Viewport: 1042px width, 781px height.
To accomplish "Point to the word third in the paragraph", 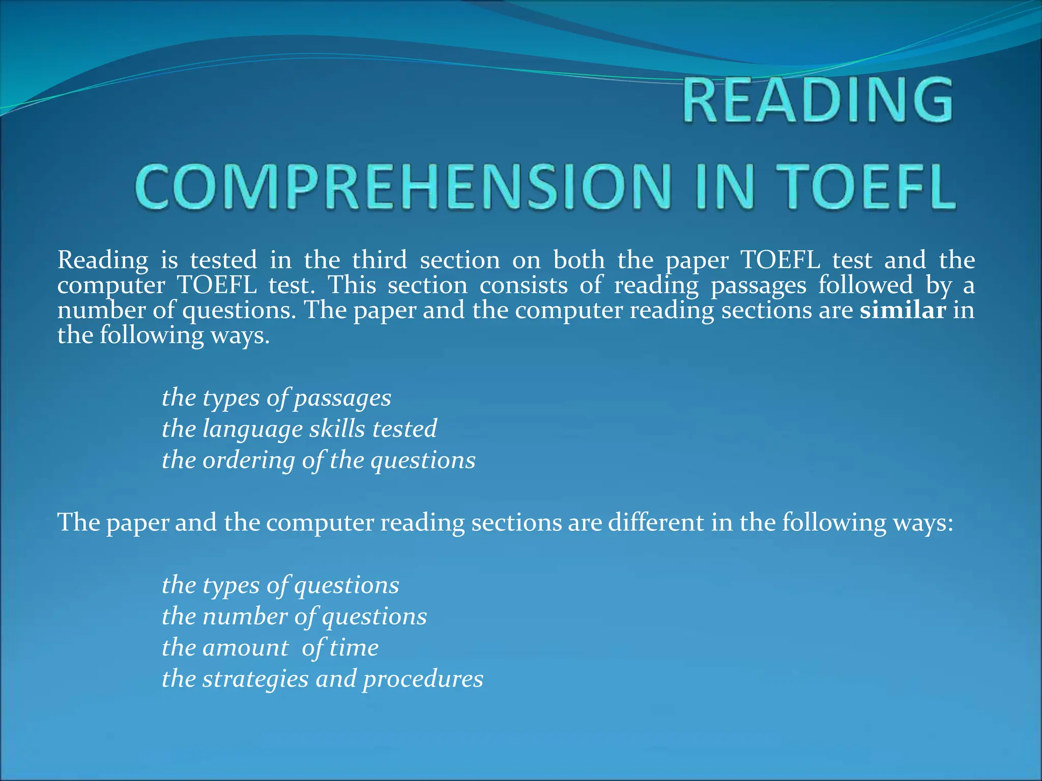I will pyautogui.click(x=380, y=260).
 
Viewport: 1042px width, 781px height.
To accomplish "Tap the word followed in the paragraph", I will pyautogui.click(x=865, y=285).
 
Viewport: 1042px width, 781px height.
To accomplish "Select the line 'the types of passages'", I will pyautogui.click(x=276, y=398).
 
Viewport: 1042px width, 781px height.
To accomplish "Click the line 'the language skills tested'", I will pyautogui.click(x=299, y=429).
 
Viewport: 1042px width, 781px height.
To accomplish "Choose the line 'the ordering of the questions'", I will pyautogui.click(x=319, y=460).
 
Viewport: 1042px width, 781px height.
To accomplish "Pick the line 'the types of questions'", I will pyautogui.click(x=280, y=585).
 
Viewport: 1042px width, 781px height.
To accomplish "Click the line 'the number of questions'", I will pyautogui.click(x=294, y=617).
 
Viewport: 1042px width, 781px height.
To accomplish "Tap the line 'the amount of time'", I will pyautogui.click(x=270, y=648).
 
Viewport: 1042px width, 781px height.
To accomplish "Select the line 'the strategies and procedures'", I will pyautogui.click(x=322, y=679).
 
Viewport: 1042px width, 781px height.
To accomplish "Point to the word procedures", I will pyautogui.click(x=423, y=679).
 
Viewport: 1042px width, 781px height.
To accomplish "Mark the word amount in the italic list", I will pyautogui.click(x=245, y=648).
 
